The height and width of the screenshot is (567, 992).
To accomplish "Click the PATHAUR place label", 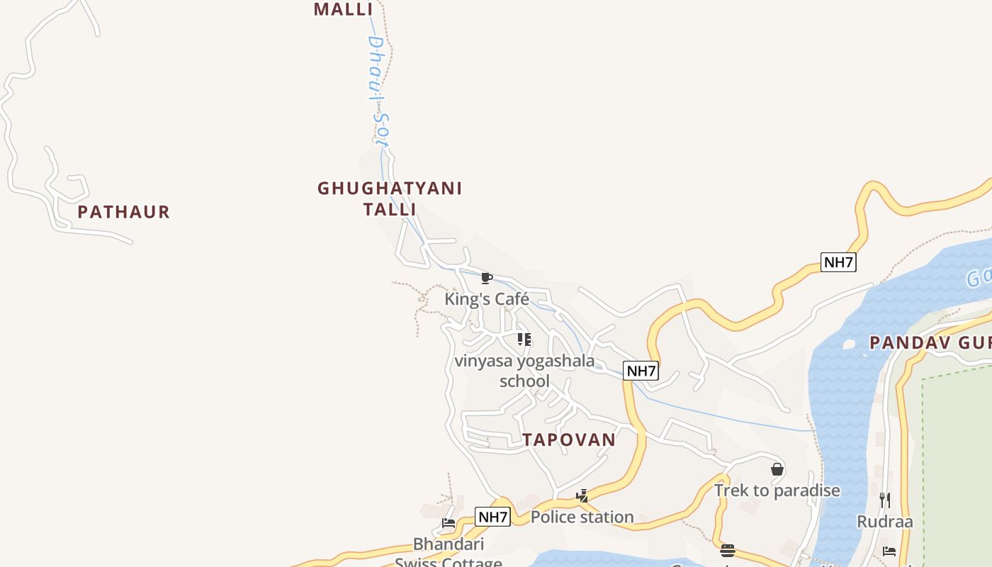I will point(124,212).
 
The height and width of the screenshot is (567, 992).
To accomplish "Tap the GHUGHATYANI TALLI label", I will point(390,198).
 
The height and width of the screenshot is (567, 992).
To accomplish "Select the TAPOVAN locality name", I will point(570,439).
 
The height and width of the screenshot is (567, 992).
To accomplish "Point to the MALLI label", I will point(343,9).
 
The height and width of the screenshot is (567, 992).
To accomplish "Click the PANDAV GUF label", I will point(930,343).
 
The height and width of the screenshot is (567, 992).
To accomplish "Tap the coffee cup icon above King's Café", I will point(486,278).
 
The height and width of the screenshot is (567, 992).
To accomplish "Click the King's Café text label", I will point(487,299).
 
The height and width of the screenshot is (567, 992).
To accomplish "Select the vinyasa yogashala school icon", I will point(524,339).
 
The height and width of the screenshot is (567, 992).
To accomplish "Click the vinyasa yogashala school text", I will point(524,371).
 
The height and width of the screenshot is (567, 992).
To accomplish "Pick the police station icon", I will point(582,496).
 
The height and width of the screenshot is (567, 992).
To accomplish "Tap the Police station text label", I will point(582,517).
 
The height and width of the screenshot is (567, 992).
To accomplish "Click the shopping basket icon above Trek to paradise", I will point(777,469).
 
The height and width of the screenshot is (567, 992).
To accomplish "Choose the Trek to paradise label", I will point(777,490).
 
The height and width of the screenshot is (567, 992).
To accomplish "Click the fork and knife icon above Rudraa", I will point(885,500).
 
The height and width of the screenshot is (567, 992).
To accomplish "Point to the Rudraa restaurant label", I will point(885,522).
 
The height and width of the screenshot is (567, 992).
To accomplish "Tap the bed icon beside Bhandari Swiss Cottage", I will point(449,524).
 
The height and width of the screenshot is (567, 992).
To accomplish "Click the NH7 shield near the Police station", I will point(492,517).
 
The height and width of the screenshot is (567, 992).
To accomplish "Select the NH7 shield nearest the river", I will point(839,262).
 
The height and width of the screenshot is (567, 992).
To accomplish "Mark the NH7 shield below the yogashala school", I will point(641,370).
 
